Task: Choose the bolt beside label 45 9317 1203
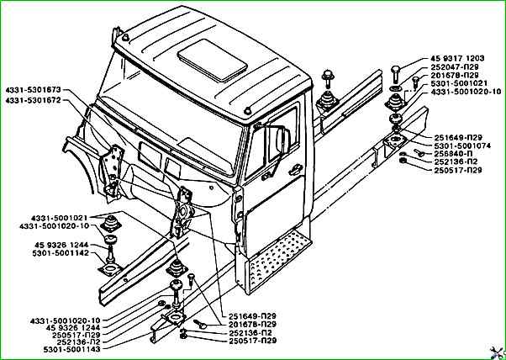pos(398,71)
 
